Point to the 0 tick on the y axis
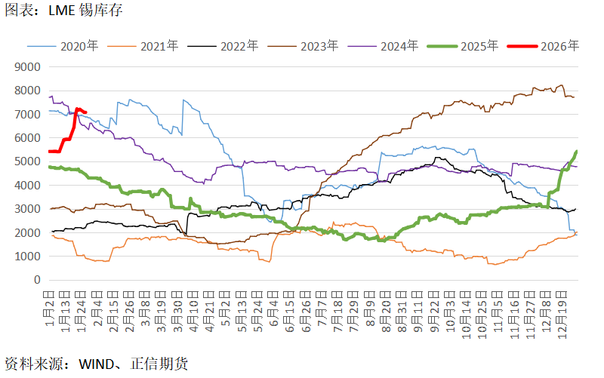[x=36, y=280]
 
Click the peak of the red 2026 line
[x=77, y=109]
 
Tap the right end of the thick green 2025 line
[x=577, y=152]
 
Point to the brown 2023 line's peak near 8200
[x=560, y=85]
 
